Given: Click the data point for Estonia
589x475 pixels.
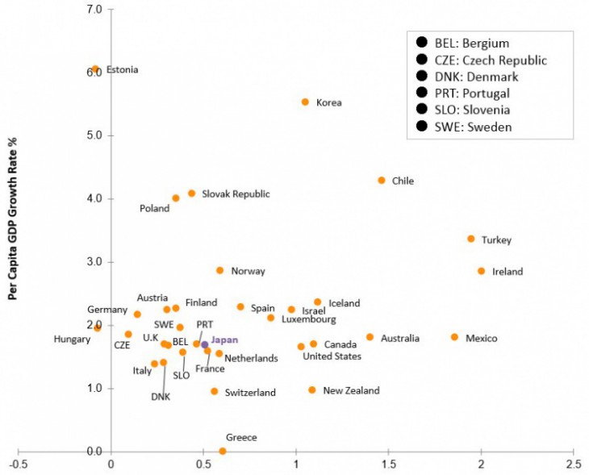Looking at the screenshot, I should tap(95, 69).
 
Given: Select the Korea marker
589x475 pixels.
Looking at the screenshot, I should tap(305, 102).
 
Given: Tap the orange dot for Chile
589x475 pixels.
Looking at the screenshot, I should tap(382, 181).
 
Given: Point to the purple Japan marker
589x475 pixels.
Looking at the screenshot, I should tap(205, 344).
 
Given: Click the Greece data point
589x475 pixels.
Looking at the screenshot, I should tap(223, 451).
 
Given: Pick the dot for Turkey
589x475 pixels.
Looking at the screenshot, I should tap(471, 239).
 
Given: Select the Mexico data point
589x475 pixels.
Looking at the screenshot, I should tap(454, 337).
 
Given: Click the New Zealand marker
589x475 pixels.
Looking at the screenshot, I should tap(312, 390).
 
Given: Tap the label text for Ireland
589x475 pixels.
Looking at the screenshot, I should tap(508, 272).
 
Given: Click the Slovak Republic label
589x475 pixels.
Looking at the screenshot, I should tap(236, 194).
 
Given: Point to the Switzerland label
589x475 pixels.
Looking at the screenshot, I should tap(250, 393).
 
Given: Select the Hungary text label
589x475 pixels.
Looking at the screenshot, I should tap(72, 340).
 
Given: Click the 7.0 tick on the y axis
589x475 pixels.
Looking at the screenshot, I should tap(94, 10).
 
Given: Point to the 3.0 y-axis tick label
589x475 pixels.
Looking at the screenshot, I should tap(94, 262).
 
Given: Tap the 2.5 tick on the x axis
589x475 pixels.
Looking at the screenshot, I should tap(574, 465).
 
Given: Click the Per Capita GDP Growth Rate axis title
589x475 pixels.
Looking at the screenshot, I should tap(14, 218).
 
